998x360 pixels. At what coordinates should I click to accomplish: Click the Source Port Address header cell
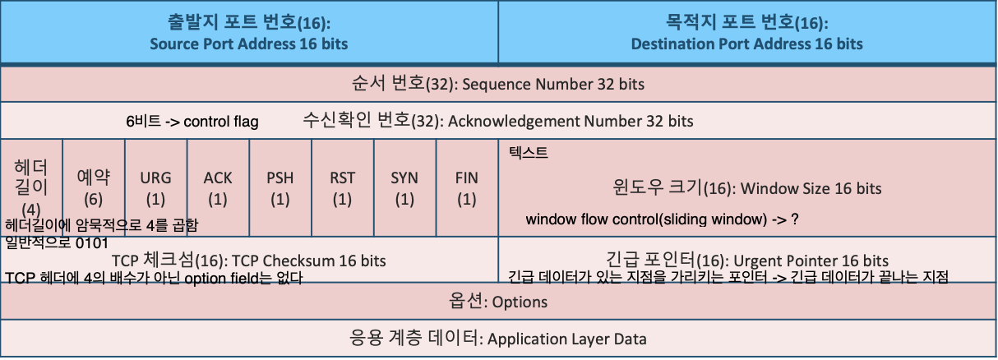249,32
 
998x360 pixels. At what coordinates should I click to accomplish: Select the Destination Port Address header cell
746,32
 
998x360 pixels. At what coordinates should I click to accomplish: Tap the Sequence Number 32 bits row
498,84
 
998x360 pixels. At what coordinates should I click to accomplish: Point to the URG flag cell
156,187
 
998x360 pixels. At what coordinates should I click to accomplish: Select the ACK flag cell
218,187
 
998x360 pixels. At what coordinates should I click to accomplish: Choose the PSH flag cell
280,187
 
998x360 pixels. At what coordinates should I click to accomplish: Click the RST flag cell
343,187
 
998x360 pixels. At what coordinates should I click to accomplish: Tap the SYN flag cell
404,187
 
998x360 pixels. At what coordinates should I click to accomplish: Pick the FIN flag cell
467,187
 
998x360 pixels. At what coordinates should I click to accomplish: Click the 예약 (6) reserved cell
94,187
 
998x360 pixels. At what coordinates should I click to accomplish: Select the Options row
498,302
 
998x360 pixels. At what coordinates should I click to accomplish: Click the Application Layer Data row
498,338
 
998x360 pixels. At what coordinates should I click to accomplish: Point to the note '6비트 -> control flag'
192,122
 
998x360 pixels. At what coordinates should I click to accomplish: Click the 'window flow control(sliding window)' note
663,220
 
